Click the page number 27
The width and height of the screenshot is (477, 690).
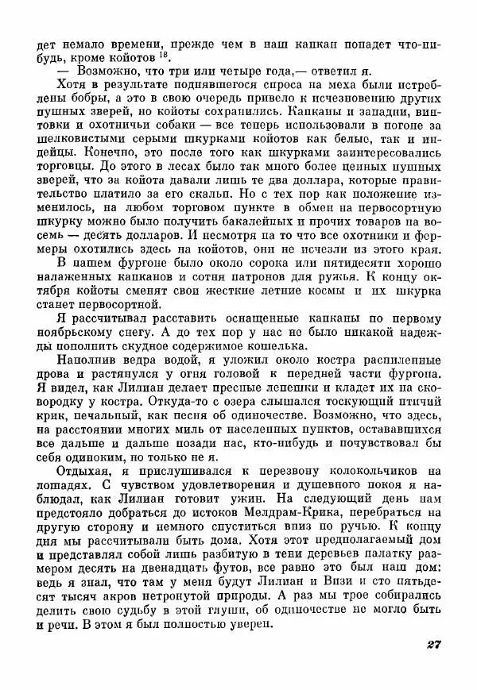(433, 643)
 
